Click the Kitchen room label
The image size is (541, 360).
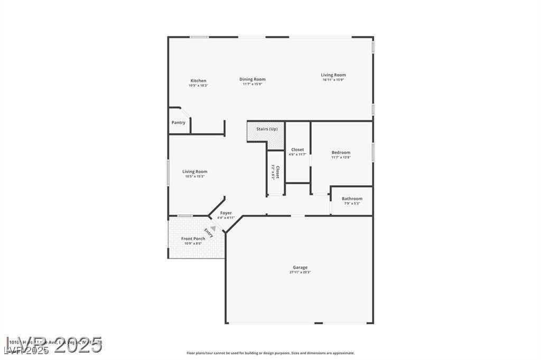[x=199, y=81]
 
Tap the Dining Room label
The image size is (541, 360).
[x=253, y=79]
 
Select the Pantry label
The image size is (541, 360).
[x=179, y=122]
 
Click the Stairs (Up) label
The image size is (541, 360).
[x=267, y=129]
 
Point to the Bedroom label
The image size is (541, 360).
[x=341, y=153]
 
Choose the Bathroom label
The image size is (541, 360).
[x=352, y=198]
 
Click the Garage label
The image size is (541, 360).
[x=300, y=267]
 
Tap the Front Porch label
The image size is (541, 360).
[x=193, y=239]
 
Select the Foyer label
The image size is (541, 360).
[x=226, y=213]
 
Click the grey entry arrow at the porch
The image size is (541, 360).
[x=213, y=229]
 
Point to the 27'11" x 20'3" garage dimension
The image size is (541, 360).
[x=300, y=272]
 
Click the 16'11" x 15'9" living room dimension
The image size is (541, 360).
[x=333, y=80]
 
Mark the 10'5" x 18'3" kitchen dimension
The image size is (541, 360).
[x=199, y=86]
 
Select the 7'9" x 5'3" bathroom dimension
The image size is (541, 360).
[x=352, y=203]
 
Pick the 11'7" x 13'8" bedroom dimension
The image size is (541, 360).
[x=341, y=157]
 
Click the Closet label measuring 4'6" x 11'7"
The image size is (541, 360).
[x=297, y=149]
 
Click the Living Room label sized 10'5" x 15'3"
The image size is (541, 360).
[x=195, y=172]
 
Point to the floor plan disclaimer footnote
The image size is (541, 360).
[x=270, y=353]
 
